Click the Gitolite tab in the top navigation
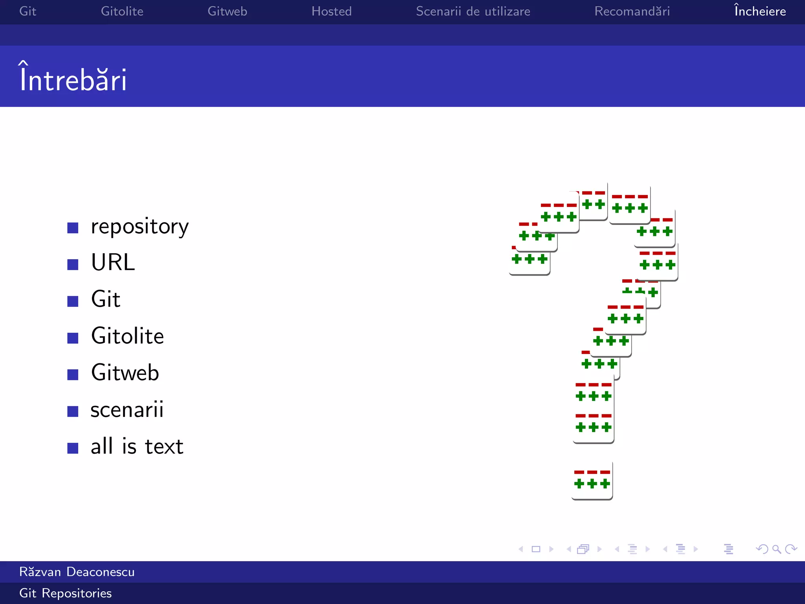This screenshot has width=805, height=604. (122, 11)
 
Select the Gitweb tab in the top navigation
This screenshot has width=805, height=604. (227, 11)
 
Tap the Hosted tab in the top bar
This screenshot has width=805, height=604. (331, 11)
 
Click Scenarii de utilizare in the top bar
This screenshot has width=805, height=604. (473, 11)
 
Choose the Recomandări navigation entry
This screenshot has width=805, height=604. (632, 11)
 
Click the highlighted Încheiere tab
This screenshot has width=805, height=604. (760, 11)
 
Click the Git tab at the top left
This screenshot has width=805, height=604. (28, 11)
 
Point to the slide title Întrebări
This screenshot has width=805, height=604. (73, 79)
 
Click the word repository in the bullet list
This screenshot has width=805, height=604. (140, 226)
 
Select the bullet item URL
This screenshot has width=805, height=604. (113, 262)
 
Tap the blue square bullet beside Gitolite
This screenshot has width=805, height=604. (73, 338)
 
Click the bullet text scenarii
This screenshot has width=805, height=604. (127, 409)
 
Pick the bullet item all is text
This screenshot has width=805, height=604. (137, 446)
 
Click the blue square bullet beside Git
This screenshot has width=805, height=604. (73, 301)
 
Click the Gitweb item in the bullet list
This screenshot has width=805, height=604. (125, 373)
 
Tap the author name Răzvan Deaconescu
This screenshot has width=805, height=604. (77, 572)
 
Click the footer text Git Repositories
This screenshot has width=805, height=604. (65, 593)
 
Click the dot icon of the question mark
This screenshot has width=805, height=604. (592, 481)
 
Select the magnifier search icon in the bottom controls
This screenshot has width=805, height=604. (776, 549)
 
